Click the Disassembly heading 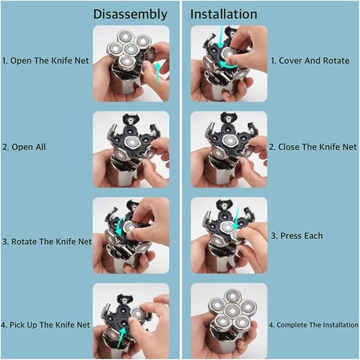130,14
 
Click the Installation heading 224,14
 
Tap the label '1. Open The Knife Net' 45,61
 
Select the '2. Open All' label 24,147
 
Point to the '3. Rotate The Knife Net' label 47,242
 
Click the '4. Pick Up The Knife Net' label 46,325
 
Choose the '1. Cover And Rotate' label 310,61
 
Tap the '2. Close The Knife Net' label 313,147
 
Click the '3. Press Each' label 297,236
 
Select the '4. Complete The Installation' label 314,325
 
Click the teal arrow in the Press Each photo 236,217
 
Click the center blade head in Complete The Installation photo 232,311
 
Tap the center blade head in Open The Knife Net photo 130,49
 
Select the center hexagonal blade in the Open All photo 131,142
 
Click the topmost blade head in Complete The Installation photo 233,296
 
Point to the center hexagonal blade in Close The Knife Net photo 229,140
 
